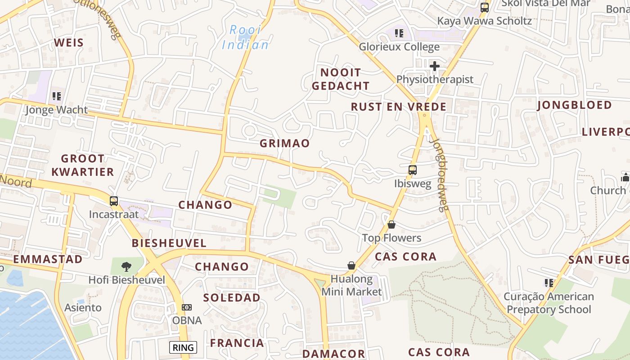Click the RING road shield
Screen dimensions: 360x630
pos(183,347)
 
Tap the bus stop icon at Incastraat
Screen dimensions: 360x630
pos(114,201)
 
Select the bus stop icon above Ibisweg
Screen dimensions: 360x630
pos(412,170)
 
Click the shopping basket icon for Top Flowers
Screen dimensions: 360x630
pos(391,225)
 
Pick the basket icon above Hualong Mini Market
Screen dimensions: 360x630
pos(351,266)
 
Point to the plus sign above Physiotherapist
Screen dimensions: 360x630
pos(434,67)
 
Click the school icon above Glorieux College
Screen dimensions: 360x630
pos(399,33)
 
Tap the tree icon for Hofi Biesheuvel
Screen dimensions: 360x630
pos(126,266)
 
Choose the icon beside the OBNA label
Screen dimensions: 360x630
pos(187,307)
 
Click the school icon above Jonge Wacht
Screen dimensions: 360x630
pos(56,96)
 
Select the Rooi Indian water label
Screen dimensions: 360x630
pos(245,37)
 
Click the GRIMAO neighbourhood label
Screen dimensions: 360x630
pos(285,144)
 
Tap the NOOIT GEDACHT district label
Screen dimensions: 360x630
pos(341,79)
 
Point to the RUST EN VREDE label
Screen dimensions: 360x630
pos(399,107)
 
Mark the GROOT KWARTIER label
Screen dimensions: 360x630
pos(82,165)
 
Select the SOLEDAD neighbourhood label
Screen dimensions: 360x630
pos(232,297)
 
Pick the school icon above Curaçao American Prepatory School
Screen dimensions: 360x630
pos(549,283)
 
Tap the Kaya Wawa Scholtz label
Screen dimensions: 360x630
pos(485,21)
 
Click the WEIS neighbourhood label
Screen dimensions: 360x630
pos(69,43)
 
